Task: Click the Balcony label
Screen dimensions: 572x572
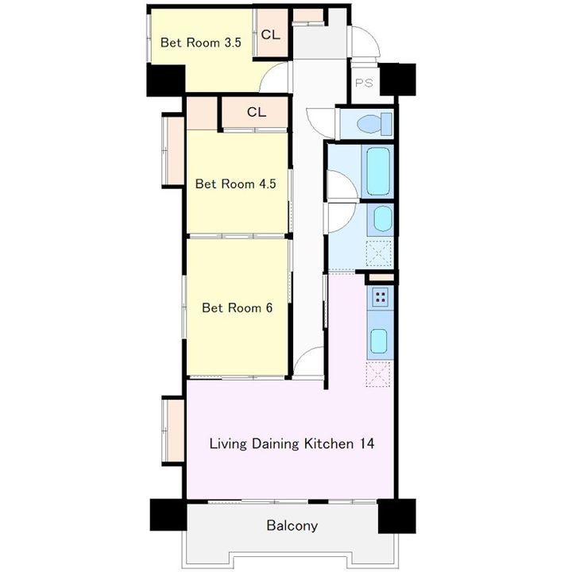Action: tap(292, 526)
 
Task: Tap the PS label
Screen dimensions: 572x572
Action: tap(364, 83)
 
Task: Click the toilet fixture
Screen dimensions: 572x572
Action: tap(374, 124)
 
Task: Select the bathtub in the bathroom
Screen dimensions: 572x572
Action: tap(377, 171)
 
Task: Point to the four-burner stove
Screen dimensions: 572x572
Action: tap(380, 297)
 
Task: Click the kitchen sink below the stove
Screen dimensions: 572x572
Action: tap(379, 341)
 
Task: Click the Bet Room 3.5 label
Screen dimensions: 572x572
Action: tap(201, 43)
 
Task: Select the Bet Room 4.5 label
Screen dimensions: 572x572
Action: tap(235, 184)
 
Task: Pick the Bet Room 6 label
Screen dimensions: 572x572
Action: tap(237, 308)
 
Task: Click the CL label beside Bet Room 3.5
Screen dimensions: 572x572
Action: tap(271, 35)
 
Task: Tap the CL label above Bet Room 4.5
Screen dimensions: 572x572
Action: tap(257, 112)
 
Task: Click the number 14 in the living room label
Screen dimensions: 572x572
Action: tap(367, 443)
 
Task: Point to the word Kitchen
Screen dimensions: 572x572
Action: tap(329, 443)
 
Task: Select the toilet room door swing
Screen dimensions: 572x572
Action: tap(321, 122)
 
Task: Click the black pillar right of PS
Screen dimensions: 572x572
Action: tap(398, 79)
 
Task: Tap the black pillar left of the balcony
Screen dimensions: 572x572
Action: tap(168, 515)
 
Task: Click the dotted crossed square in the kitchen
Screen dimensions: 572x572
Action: tap(378, 374)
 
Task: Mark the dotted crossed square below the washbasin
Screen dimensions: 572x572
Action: tap(379, 253)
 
